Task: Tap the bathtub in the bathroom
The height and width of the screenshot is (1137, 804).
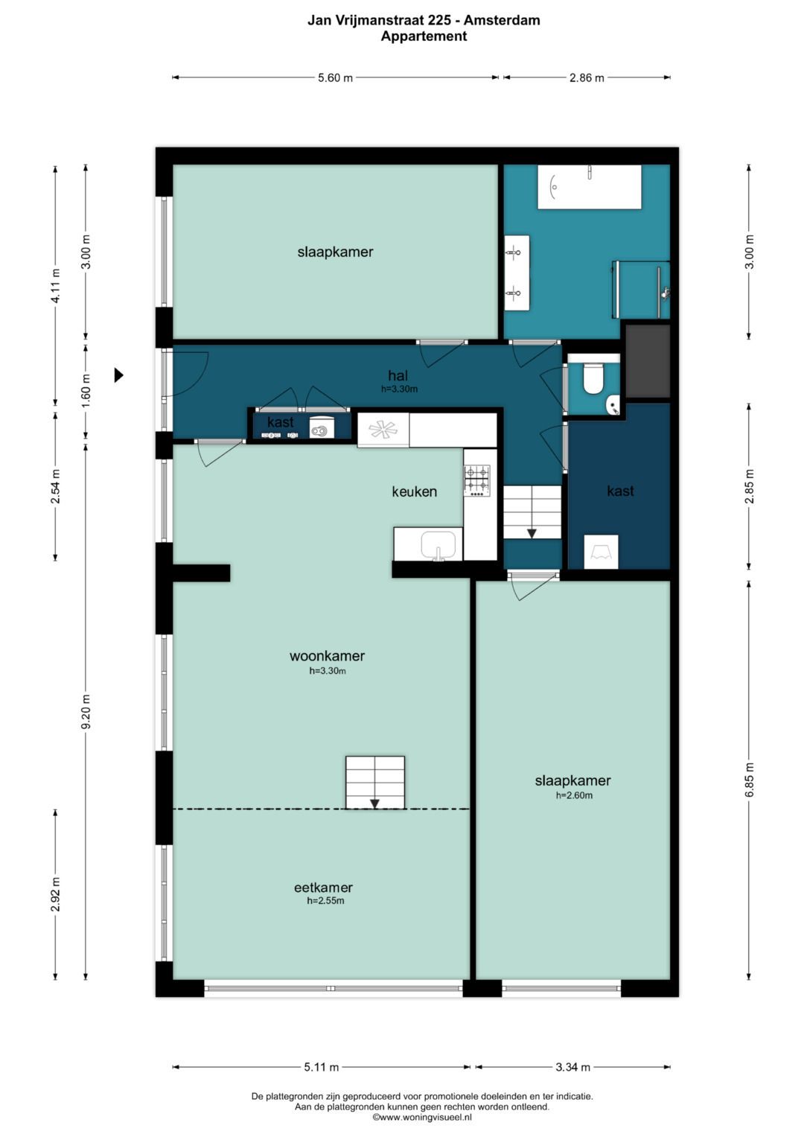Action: click(590, 186)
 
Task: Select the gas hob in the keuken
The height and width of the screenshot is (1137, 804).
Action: click(477, 481)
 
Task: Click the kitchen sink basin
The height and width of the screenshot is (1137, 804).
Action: click(438, 544)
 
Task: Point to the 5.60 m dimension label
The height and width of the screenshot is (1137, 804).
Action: click(335, 77)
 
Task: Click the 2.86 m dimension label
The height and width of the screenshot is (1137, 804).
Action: click(587, 77)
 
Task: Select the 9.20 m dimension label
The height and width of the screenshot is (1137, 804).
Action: click(86, 711)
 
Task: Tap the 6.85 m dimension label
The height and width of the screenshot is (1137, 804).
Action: click(749, 779)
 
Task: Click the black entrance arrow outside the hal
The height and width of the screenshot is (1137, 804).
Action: click(119, 375)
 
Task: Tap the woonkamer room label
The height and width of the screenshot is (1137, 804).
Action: click(327, 656)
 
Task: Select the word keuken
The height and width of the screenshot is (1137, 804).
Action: click(414, 491)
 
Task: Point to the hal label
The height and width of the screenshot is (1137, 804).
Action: click(398, 375)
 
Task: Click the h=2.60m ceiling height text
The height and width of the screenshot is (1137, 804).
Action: click(574, 795)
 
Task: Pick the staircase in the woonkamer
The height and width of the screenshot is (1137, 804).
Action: click(375, 782)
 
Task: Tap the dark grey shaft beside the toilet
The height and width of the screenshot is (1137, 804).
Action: click(648, 361)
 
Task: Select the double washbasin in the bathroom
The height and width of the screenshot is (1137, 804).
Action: click(517, 273)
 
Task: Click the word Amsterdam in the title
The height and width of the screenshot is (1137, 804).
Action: click(502, 20)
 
